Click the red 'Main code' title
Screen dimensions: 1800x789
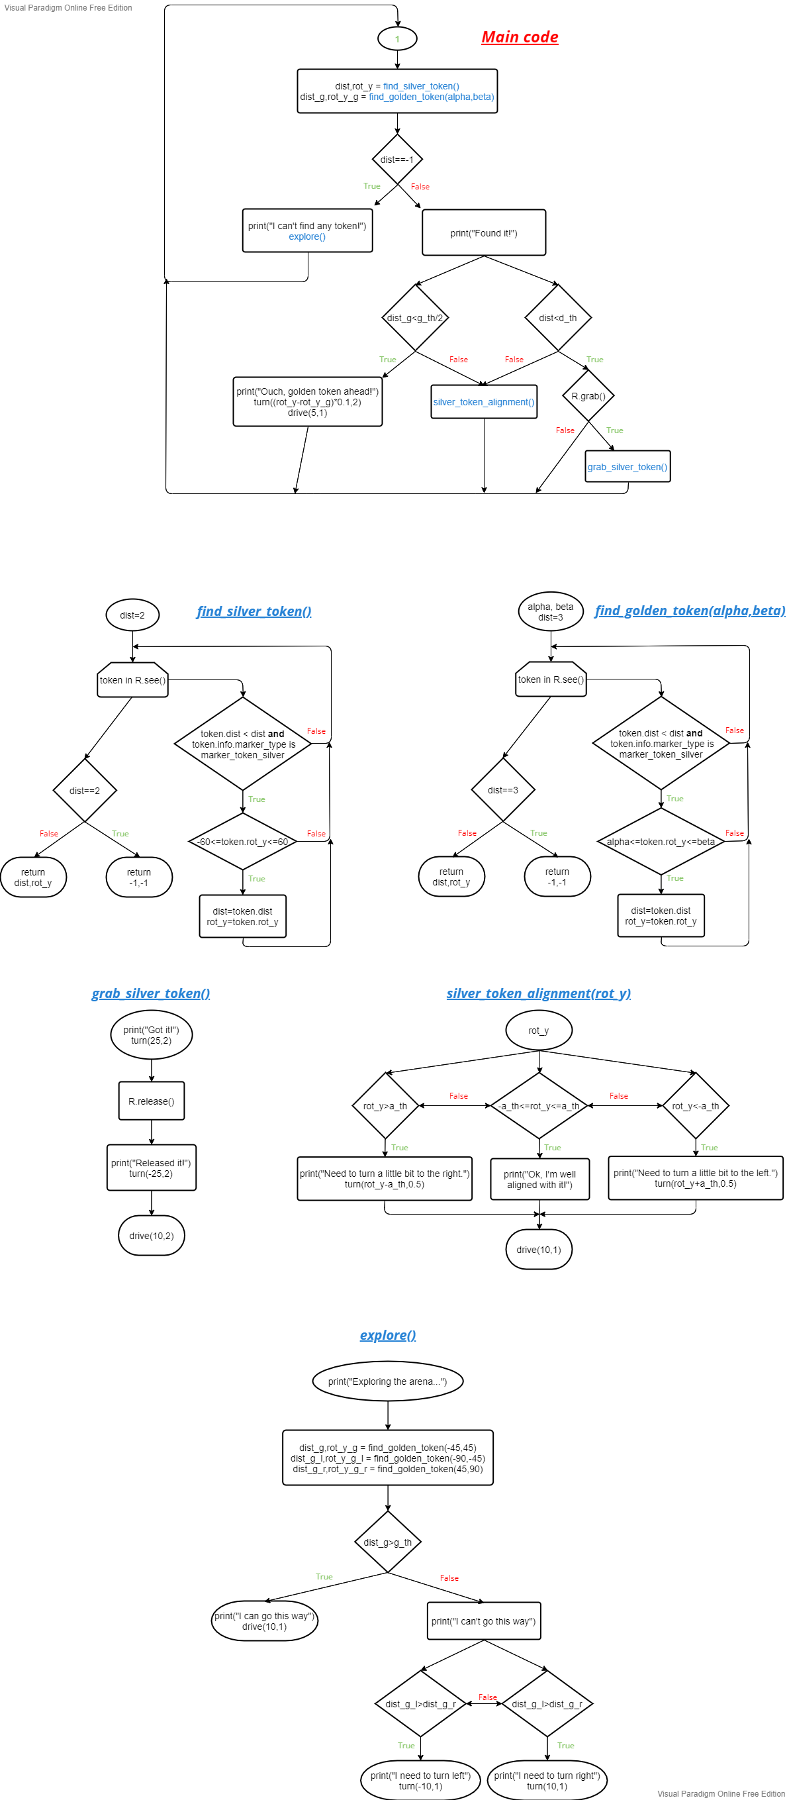point(520,37)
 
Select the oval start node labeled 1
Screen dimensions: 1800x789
point(397,39)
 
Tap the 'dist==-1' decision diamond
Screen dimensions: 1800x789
point(397,160)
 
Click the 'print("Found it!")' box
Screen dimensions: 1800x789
point(484,233)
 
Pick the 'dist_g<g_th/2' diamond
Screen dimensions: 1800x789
point(416,318)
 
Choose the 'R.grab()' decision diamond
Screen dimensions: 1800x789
point(588,396)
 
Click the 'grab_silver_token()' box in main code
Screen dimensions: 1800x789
point(627,467)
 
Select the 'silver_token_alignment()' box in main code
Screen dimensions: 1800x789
point(484,402)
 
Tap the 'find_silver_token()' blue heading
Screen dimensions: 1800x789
point(254,611)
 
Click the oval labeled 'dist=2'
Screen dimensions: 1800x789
point(132,616)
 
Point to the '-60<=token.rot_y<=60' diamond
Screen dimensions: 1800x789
point(242,842)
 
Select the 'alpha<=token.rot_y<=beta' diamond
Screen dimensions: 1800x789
point(661,842)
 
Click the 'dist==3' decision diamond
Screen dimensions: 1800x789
point(503,790)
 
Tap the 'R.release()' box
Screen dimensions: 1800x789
point(152,1101)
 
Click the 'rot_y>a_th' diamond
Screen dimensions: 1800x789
point(385,1106)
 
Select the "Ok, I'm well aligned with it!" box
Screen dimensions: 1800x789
point(539,1179)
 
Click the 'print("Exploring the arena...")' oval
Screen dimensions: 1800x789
point(387,1381)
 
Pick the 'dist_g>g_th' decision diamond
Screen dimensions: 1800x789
point(387,1542)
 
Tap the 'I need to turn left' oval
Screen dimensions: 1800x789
point(420,1780)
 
